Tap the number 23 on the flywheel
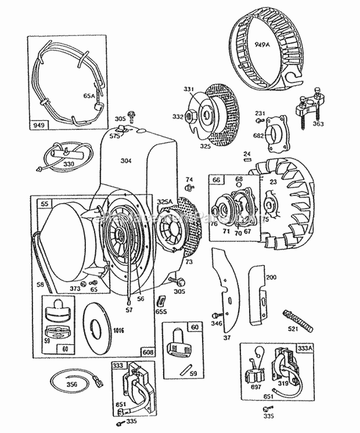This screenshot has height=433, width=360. point(274,181)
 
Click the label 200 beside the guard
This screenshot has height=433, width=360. point(272,277)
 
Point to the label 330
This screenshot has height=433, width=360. point(69,164)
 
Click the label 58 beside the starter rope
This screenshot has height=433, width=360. point(41,284)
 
